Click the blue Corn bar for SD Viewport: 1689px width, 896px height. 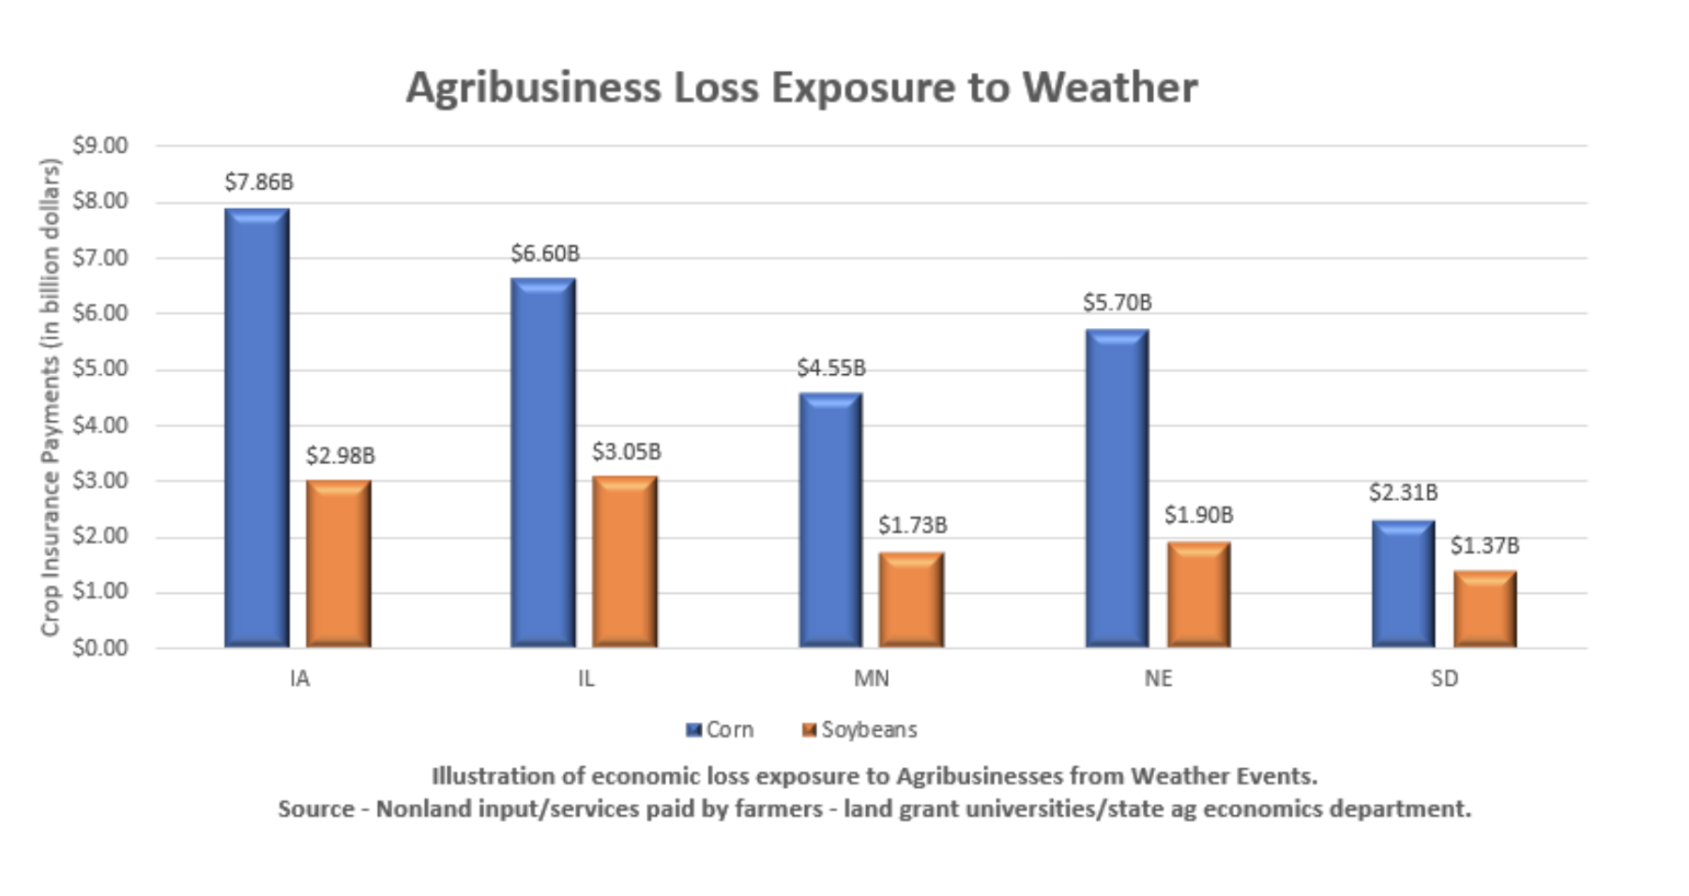coord(1403,584)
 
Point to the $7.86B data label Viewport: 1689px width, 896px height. coord(259,181)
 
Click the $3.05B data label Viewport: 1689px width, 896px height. coord(627,452)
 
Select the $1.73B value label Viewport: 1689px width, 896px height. coord(913,526)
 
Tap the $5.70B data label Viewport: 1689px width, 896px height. coord(1117,303)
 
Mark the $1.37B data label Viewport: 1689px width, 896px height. coord(1484,546)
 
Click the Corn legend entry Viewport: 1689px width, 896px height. coord(721,730)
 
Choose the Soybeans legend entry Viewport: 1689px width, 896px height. coord(860,730)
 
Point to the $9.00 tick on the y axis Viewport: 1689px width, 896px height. coord(100,146)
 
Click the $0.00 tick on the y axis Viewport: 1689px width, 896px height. coord(100,648)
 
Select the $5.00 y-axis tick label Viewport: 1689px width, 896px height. coord(100,369)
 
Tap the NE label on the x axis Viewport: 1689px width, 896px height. coord(1158,679)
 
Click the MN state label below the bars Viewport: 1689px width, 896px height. coord(871,679)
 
